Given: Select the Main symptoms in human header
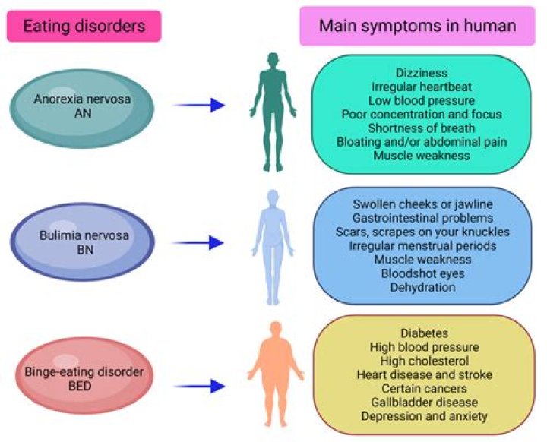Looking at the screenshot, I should pyautogui.click(x=418, y=26).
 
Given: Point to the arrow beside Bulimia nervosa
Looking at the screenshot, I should pyautogui.click(x=200, y=243).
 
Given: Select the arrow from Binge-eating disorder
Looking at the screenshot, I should pyautogui.click(x=200, y=386).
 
